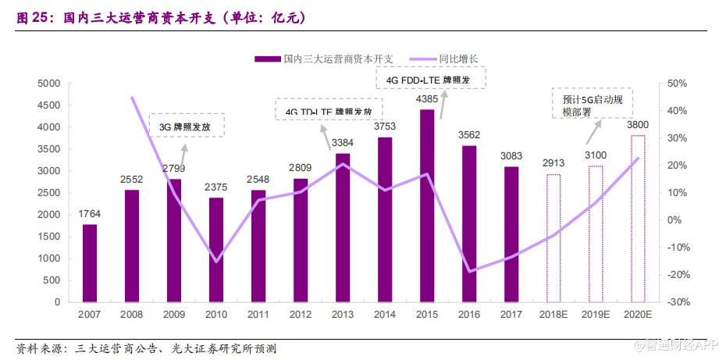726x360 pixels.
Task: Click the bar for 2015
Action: (427, 205)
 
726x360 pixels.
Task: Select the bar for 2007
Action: (90, 263)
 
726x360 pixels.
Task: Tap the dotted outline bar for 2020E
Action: (639, 219)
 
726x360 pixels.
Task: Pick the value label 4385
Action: (427, 100)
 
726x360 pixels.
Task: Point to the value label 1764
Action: (90, 214)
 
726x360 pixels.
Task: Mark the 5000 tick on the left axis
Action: (49, 84)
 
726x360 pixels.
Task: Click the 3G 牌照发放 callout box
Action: (187, 126)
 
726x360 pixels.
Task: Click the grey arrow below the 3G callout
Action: (185, 148)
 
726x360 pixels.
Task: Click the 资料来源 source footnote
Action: (146, 348)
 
